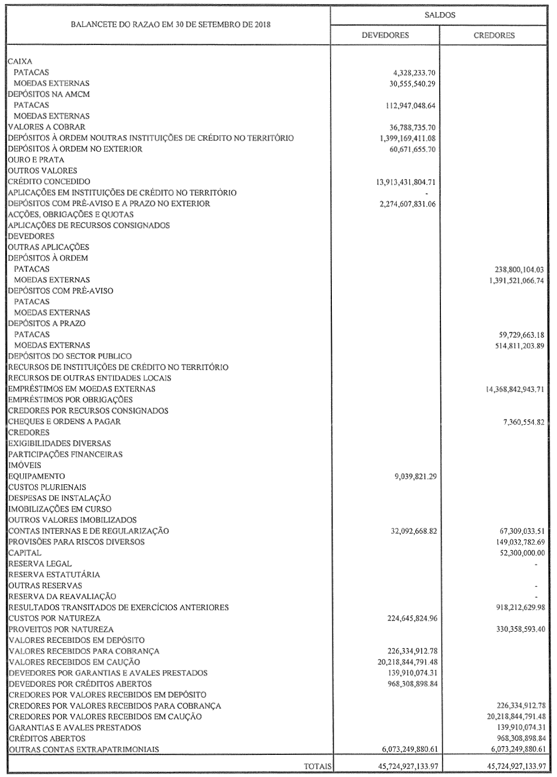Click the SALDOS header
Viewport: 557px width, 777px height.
(439, 15)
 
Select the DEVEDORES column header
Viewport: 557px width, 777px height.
(385, 35)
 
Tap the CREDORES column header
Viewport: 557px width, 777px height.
(493, 35)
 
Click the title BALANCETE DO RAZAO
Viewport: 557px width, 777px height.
(171, 25)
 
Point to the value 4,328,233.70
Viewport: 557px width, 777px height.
(415, 72)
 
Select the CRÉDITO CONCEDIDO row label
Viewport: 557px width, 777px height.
(49, 181)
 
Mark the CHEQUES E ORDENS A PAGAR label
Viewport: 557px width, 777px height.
(65, 422)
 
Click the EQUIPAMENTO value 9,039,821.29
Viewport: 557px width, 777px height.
(415, 477)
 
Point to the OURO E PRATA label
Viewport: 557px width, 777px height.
(36, 160)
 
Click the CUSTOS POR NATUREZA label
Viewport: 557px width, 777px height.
(54, 618)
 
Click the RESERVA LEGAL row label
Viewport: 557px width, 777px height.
(40, 564)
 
